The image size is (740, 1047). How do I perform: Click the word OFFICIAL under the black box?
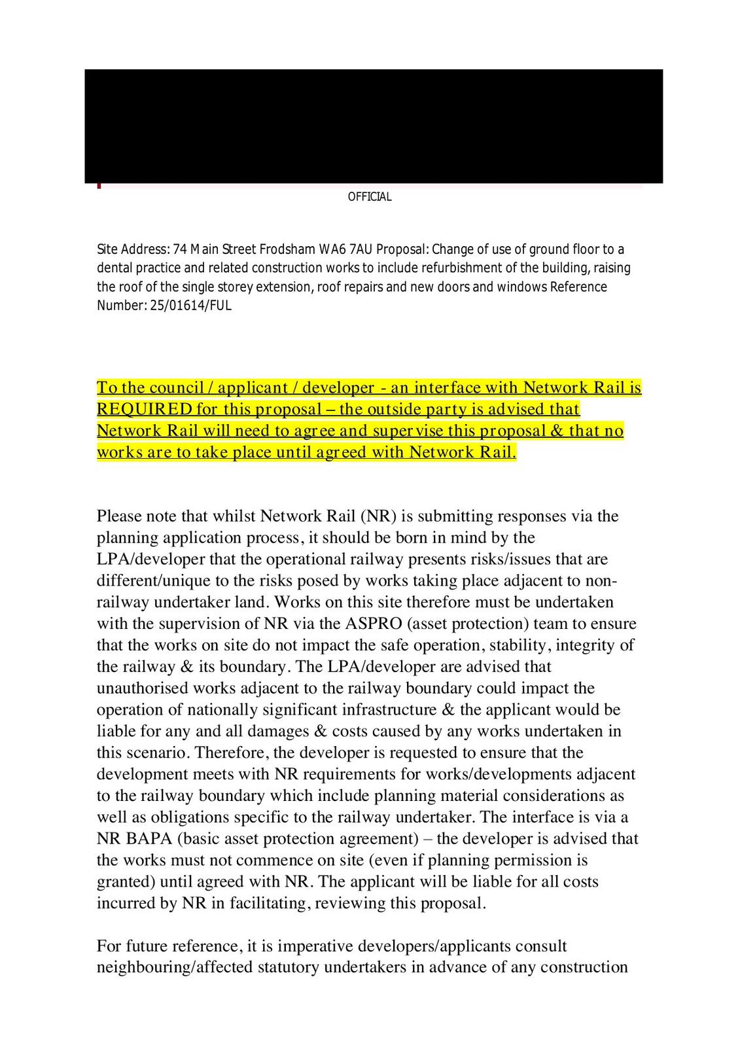point(370,197)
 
